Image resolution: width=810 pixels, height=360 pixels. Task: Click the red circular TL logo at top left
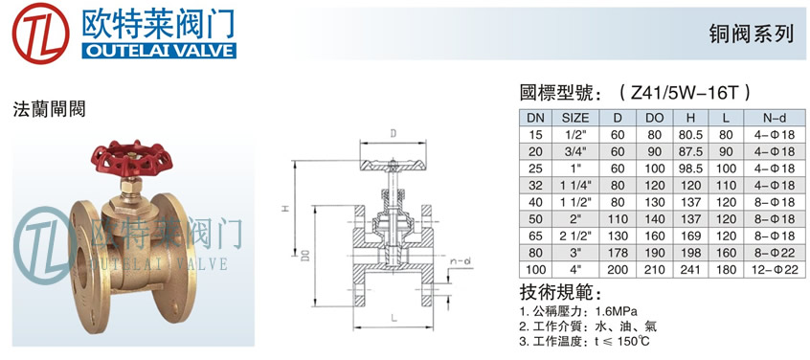click(41, 33)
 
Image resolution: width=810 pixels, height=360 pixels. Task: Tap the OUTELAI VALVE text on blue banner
click(159, 51)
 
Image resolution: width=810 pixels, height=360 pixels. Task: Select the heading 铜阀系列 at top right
click(751, 34)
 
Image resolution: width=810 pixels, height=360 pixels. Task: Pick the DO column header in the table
click(655, 118)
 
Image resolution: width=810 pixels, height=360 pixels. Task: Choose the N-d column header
click(775, 118)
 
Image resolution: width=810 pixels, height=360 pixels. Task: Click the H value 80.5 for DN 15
click(690, 135)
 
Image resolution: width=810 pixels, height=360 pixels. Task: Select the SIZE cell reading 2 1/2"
click(575, 236)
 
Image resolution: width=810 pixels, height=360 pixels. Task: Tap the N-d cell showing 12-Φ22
click(775, 269)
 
